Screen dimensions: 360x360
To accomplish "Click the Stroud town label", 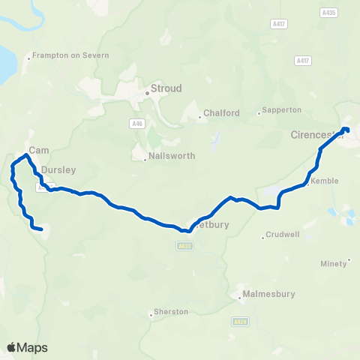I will point(166,88).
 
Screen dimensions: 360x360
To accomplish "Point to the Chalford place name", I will point(221,113).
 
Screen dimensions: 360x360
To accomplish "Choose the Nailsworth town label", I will point(172,156).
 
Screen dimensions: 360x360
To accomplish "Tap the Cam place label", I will point(39,150).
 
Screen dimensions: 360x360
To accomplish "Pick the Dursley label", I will point(58,170).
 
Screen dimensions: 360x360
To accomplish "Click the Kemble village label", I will point(325,181).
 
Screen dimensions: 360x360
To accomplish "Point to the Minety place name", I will point(337,263).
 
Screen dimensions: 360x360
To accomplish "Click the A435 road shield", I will point(328,13).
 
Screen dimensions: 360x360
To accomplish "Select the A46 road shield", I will point(136,123).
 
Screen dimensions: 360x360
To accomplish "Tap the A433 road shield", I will point(185,245).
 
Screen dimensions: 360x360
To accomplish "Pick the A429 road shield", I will point(239,321).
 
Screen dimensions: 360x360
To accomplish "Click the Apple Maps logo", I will point(27,347).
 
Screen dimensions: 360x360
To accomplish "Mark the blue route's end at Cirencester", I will point(346,130).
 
